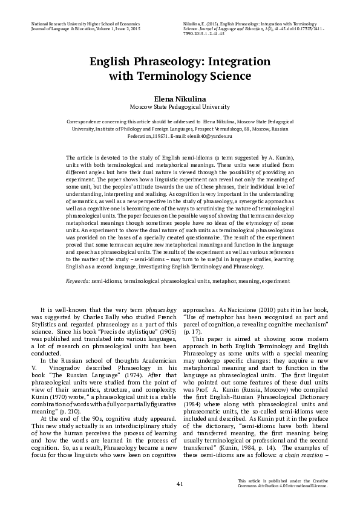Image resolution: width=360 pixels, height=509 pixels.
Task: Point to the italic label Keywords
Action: (x=77, y=282)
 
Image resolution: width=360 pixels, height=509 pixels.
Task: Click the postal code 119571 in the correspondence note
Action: (x=162, y=138)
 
